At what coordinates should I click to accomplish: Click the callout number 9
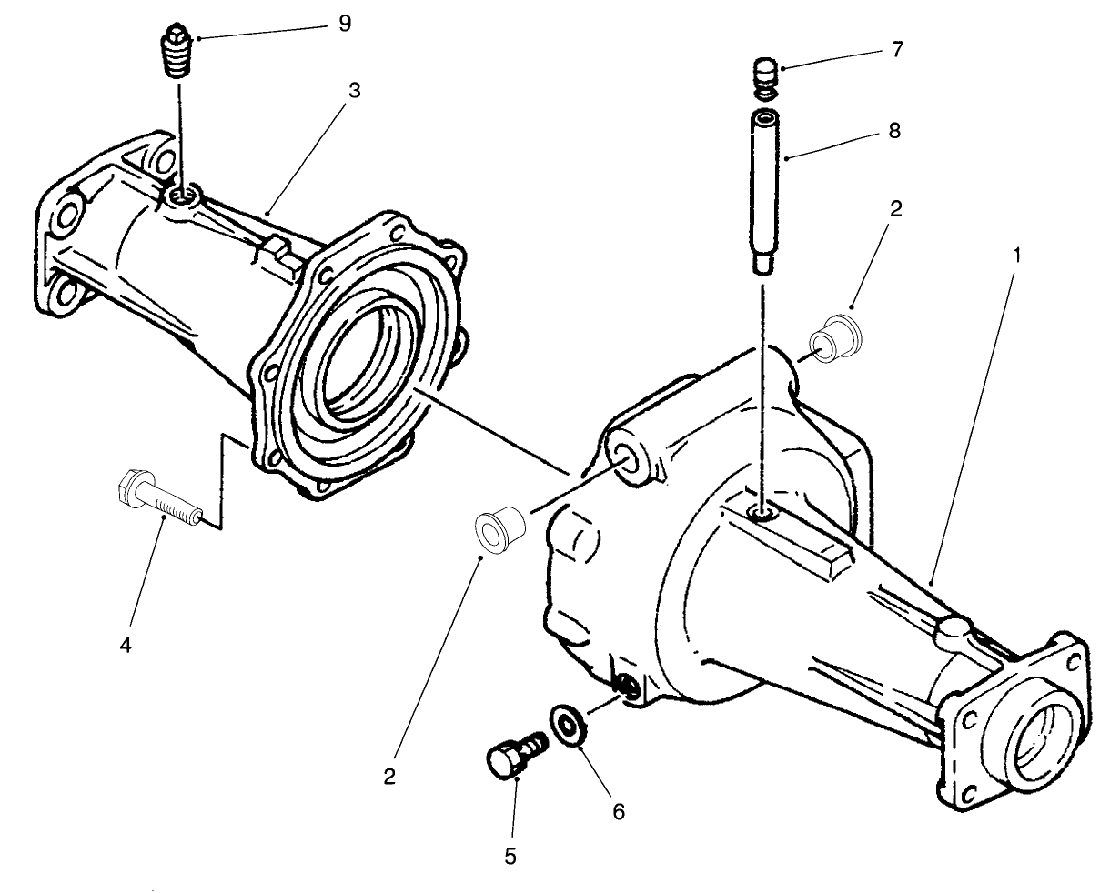pyautogui.click(x=344, y=24)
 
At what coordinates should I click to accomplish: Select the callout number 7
pyautogui.click(x=896, y=49)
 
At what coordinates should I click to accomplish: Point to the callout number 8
pyautogui.click(x=894, y=131)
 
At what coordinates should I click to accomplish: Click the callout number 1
pyautogui.click(x=1016, y=256)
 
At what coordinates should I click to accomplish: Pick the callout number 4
pyautogui.click(x=126, y=646)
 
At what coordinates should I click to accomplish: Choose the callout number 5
pyautogui.click(x=510, y=855)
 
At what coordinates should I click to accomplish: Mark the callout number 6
pyautogui.click(x=618, y=811)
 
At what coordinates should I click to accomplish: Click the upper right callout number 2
pyautogui.click(x=895, y=209)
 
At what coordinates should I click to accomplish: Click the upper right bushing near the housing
pyautogui.click(x=834, y=338)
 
